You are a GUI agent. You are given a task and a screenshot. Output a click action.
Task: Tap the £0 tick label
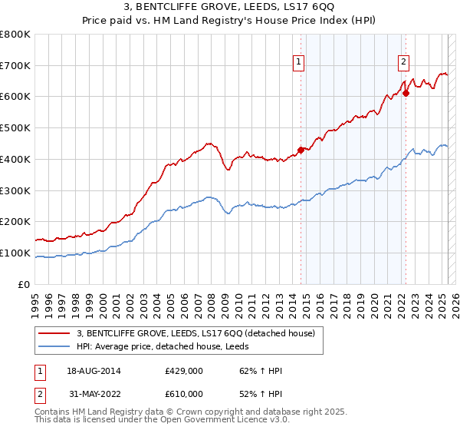pos(25,284)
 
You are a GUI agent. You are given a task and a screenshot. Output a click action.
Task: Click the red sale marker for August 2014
pos(301,150)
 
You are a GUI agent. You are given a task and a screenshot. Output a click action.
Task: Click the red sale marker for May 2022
pos(406,94)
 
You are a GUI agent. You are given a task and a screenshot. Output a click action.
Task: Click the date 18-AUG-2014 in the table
pos(94,371)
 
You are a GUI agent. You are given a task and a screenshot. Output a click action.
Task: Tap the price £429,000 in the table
pos(184,371)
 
